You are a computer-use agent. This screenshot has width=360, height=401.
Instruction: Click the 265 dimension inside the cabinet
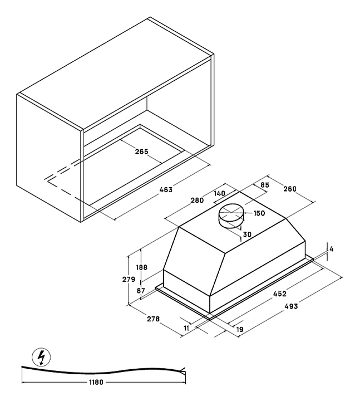141,151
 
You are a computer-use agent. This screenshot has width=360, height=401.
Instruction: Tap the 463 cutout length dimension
166,190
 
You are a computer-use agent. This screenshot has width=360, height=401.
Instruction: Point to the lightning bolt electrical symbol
41,357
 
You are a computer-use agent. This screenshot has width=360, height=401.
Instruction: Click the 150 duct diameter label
259,213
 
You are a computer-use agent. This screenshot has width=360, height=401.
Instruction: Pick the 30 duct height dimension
247,234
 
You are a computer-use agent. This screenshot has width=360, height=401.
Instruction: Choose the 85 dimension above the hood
265,185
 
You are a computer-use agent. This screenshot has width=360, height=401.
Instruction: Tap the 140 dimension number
219,193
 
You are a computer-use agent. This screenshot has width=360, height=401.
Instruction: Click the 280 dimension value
197,200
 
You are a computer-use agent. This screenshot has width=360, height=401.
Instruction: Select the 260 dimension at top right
290,189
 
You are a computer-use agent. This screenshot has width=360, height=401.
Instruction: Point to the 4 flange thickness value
332,249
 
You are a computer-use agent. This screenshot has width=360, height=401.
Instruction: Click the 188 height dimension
141,267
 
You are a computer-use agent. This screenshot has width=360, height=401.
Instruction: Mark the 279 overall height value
129,280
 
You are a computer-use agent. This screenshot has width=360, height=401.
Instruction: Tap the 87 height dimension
141,291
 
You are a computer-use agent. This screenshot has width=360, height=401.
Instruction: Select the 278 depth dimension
153,319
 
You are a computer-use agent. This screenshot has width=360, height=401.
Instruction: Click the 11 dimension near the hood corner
186,328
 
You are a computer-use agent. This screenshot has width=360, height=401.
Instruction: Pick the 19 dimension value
239,329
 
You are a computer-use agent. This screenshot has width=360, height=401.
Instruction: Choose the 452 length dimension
280,294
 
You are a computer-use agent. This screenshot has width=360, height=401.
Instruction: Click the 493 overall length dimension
291,306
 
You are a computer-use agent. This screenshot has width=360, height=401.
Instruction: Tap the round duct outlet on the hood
231,216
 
